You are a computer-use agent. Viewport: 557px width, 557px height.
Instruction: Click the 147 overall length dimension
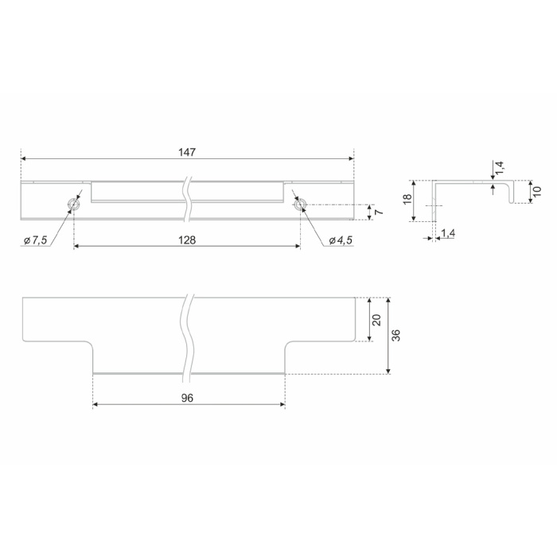coord(187,153)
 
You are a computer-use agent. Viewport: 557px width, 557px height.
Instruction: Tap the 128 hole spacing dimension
coord(187,240)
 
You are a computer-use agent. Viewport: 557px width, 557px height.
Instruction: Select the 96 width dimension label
coord(187,398)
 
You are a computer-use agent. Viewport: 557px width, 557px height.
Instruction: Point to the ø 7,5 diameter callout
coord(36,240)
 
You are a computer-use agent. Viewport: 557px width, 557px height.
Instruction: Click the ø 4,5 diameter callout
coord(341,240)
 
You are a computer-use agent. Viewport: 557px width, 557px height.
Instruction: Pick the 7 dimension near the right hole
coord(380,212)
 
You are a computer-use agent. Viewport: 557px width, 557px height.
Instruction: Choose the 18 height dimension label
coord(407,198)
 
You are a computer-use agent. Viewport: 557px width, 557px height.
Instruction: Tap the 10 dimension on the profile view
coord(537,191)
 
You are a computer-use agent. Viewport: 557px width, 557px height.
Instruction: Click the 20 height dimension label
coord(377,320)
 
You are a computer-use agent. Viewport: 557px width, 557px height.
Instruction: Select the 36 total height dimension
coord(396,335)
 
